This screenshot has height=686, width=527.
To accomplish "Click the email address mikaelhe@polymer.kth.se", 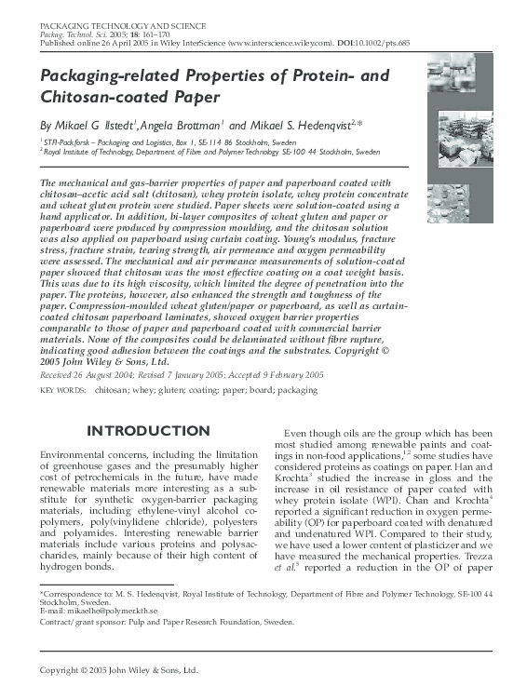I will click(108, 611).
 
